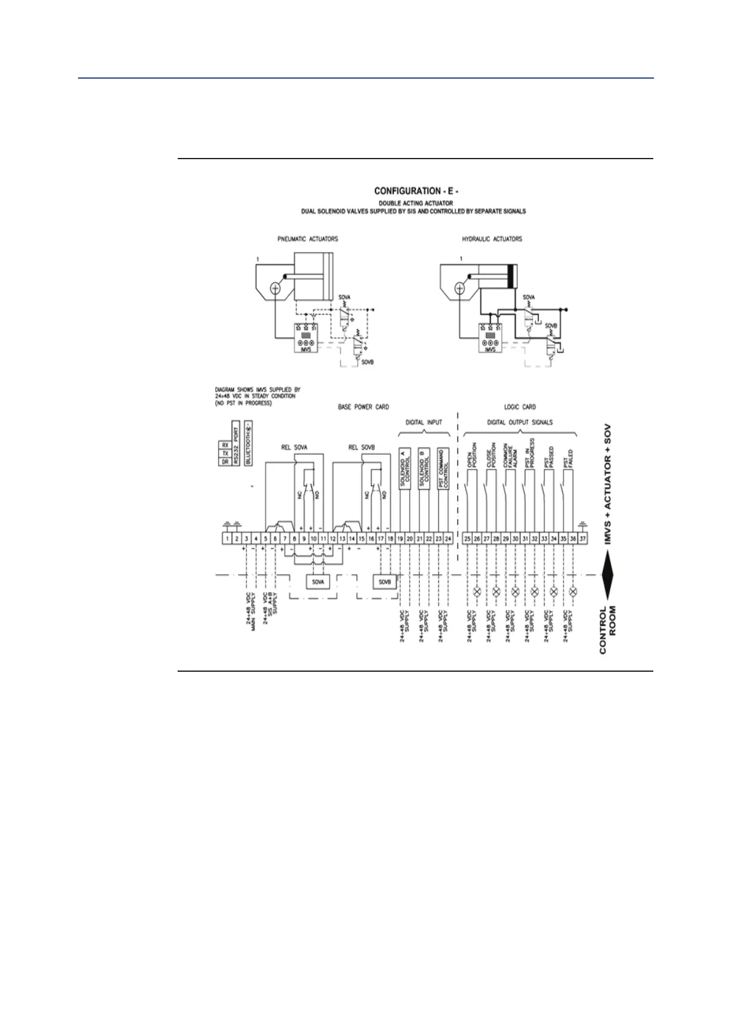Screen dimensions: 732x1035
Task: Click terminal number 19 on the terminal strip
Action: pos(400,539)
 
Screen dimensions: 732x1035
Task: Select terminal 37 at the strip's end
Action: pos(583,539)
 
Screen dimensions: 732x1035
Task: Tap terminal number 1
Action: pos(227,539)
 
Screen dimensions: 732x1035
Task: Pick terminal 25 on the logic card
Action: pos(468,539)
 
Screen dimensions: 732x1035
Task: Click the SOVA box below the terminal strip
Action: pos(318,581)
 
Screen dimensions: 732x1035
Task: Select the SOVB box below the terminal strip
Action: pos(385,581)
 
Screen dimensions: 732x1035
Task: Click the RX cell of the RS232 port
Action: pos(225,444)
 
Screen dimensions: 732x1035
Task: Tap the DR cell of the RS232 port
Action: pos(225,462)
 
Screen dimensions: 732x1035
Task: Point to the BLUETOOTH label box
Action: pos(249,444)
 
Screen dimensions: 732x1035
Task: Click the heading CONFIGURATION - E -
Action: pos(416,191)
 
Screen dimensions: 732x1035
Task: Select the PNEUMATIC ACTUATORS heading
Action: pos(307,239)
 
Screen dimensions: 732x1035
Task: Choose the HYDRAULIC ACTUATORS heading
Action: pos(492,239)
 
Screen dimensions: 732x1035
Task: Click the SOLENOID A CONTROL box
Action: pos(404,470)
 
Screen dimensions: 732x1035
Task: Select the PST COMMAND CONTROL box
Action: pos(443,470)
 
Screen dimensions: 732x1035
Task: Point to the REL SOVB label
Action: pos(362,447)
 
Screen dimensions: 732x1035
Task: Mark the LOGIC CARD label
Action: pos(519,407)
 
